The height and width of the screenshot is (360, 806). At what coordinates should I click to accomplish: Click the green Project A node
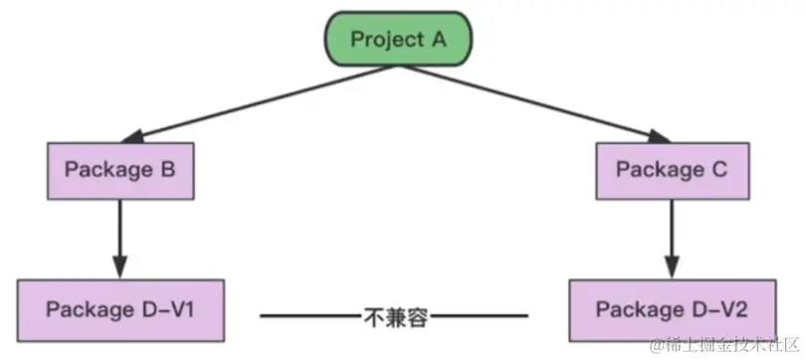click(x=396, y=40)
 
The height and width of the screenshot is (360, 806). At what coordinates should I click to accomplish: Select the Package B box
click(x=120, y=169)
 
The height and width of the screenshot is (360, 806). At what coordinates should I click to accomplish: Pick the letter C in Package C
click(x=720, y=169)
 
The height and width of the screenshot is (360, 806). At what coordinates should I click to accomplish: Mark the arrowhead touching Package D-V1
click(x=120, y=269)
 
